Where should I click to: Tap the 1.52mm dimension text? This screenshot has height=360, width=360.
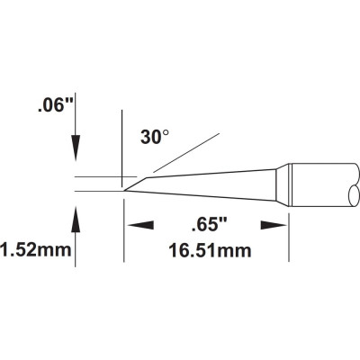[x=36, y=250]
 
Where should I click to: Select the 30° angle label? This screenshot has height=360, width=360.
[x=155, y=137]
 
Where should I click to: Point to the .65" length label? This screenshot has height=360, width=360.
[x=209, y=226]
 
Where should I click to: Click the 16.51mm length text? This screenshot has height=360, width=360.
[x=210, y=250]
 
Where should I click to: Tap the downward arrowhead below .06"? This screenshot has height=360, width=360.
[x=76, y=148]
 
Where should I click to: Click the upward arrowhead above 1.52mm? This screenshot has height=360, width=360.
[x=76, y=219]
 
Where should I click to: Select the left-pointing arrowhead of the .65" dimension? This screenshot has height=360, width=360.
[x=140, y=226]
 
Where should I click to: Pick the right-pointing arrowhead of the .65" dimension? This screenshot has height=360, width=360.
[x=273, y=226]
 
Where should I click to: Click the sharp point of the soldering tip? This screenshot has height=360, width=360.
[x=124, y=191]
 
